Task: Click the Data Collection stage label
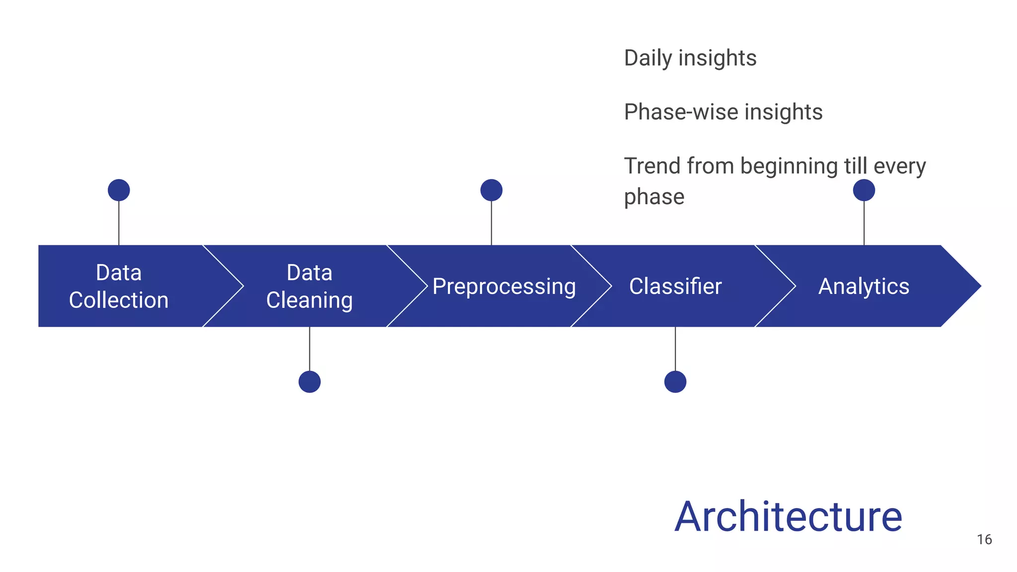[119, 286]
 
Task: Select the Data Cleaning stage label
[309, 286]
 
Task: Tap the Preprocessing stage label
[504, 286]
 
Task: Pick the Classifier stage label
[675, 286]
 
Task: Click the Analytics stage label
[864, 286]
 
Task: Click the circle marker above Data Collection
[119, 190]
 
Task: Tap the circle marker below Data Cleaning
[309, 382]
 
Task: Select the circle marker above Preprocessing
[491, 190]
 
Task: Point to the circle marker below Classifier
[675, 382]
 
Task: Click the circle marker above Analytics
[864, 190]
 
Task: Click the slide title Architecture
[788, 517]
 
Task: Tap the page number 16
[984, 540]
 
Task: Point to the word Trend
[652, 166]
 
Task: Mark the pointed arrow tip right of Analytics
[971, 286]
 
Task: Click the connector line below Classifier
[675, 349]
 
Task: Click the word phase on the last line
[654, 197]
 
